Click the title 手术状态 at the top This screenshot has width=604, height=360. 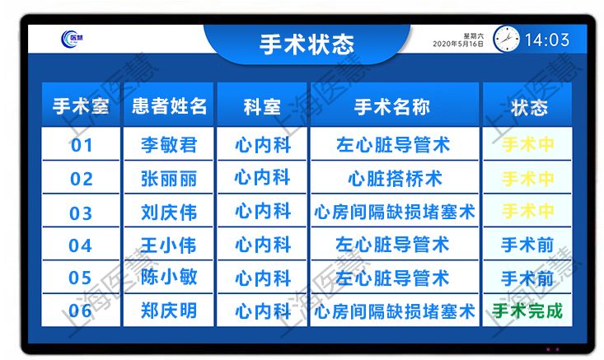click(x=307, y=44)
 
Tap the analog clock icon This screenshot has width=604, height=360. click(x=506, y=39)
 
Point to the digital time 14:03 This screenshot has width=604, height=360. click(x=547, y=40)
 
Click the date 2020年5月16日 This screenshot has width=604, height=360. click(x=458, y=44)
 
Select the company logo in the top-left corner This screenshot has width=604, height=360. click(x=72, y=39)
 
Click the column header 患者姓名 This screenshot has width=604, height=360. click(x=169, y=106)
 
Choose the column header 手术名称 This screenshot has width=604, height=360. click(x=391, y=106)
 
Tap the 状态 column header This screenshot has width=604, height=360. click(x=529, y=107)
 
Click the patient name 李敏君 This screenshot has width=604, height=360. click(x=169, y=145)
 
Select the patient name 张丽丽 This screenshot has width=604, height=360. click(x=169, y=179)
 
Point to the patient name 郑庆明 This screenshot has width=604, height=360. click(x=169, y=311)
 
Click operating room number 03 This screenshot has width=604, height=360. click(x=81, y=213)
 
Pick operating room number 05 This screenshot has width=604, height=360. click(x=80, y=278)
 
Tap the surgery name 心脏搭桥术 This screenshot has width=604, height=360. click(x=395, y=179)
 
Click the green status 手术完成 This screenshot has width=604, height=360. click(x=527, y=311)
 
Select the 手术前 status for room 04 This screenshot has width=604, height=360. click(x=527, y=245)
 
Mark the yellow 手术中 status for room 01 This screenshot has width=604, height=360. click(x=527, y=144)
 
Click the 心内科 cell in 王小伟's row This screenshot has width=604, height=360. click(x=263, y=245)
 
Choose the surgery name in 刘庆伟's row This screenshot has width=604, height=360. click(x=395, y=213)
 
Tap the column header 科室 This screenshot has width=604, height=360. click(x=262, y=106)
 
